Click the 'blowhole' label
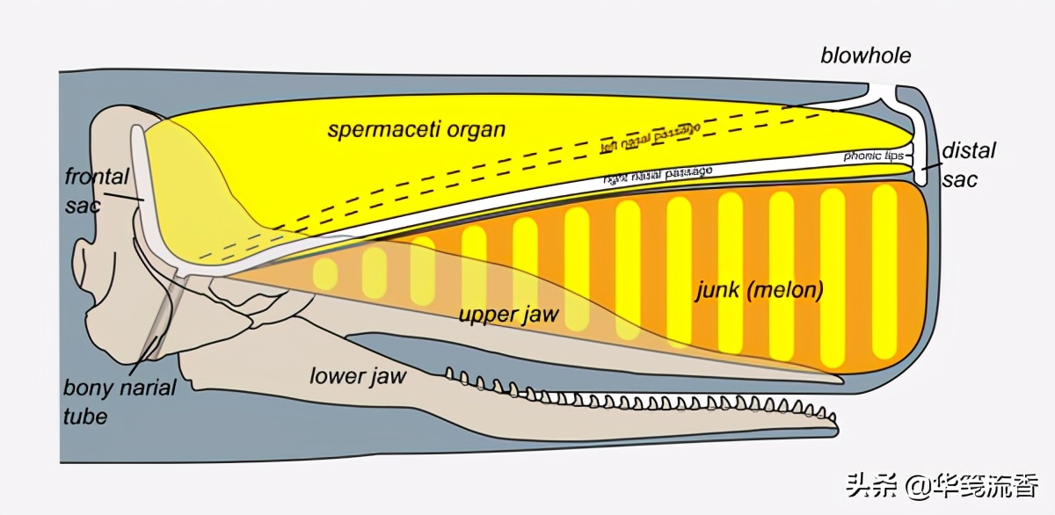point(866,57)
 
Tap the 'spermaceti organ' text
point(417,130)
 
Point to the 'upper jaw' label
point(508,314)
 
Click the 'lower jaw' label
point(358,376)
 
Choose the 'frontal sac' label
point(96,191)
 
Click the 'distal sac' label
point(968,164)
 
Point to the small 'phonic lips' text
point(873,156)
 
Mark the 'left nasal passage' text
point(650,136)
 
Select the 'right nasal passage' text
point(658,173)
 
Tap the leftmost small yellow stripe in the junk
point(324,274)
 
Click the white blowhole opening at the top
point(884,91)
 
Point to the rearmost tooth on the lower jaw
point(449,375)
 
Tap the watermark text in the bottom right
point(942,484)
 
